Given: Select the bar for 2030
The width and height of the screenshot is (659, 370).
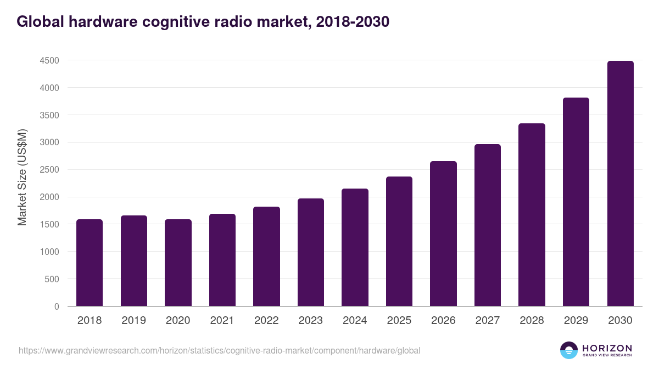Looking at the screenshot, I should point(620,184).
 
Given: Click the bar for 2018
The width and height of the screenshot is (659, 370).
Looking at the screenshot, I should point(90,263).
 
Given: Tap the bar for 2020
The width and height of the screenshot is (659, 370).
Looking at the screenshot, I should point(178,263).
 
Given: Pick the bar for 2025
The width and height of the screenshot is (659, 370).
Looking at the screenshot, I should point(399,241).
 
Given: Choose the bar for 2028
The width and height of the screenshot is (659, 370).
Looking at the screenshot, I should point(532,215).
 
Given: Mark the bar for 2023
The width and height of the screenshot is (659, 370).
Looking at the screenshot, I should point(310,252).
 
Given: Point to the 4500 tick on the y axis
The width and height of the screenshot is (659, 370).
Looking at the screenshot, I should point(49,60).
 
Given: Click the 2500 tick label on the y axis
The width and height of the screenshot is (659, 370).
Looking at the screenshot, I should point(49,170).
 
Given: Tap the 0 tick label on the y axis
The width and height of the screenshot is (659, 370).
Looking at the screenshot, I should point(57,306).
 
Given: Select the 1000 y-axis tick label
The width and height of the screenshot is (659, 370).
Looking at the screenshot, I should point(49,252).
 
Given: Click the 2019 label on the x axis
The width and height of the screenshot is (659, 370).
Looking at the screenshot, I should point(133,321).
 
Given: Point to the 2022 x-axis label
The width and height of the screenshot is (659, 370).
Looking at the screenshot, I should point(266,321).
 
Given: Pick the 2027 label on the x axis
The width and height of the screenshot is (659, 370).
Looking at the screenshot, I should point(487,321).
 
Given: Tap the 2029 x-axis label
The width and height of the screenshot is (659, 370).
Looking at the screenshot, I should point(576,321).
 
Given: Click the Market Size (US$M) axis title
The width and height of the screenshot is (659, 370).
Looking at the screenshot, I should point(22,177).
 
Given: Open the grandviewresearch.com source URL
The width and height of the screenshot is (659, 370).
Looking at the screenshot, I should point(220,350).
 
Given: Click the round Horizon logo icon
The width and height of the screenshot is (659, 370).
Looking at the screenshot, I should point(568,350).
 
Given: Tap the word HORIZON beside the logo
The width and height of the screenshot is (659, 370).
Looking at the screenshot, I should point(607,348).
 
